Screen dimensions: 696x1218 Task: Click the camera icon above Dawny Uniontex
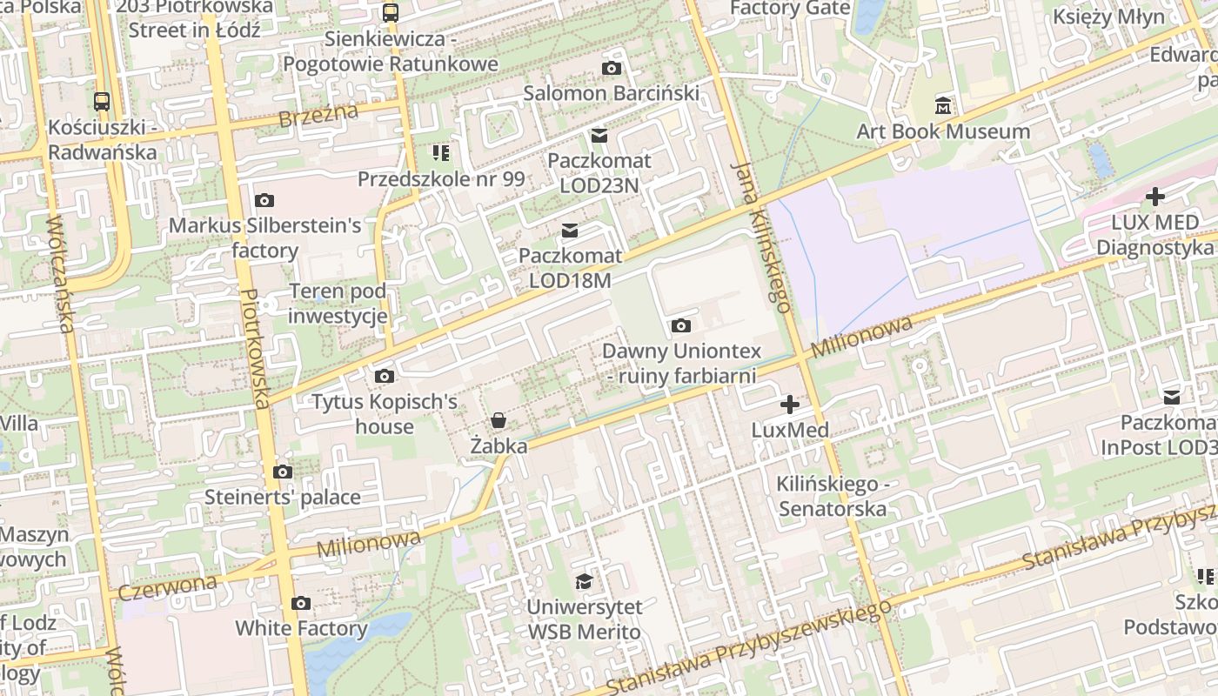coord(681,325)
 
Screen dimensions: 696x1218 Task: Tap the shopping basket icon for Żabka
coord(499,421)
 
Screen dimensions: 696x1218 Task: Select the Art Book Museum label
coord(943,131)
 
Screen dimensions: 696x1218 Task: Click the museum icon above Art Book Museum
coord(943,107)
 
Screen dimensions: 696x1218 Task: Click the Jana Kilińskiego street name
coord(762,236)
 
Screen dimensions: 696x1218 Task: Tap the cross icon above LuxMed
coord(790,405)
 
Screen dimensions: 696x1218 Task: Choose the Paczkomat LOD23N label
coord(599,173)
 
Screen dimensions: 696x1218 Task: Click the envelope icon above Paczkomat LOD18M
coord(570,231)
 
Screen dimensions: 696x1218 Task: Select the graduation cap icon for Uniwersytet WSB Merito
coord(584,581)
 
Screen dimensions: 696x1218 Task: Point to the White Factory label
coord(301,628)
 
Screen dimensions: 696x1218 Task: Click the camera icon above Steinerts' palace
coord(282,472)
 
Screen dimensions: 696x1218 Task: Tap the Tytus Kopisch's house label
coord(385,414)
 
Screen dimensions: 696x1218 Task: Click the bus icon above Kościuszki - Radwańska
coord(102,101)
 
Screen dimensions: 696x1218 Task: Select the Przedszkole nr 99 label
coord(441,178)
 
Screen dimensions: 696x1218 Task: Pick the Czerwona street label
coord(167,586)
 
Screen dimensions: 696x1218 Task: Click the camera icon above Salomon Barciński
coord(612,68)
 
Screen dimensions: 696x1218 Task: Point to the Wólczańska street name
coord(60,275)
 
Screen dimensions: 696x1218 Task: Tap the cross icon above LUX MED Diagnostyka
coord(1155,197)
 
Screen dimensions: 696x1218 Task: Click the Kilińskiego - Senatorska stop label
coord(833,496)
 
